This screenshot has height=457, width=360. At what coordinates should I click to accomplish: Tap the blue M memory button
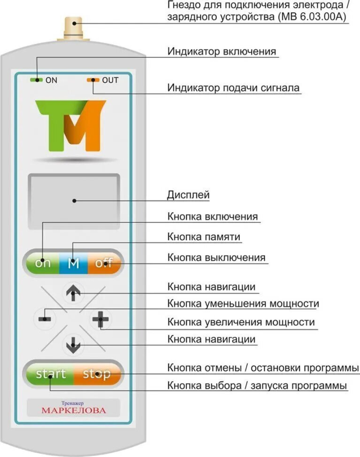tap(73, 263)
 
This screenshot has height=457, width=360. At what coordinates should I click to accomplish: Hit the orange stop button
tap(96, 374)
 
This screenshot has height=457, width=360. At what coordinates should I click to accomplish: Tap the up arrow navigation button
tap(73, 293)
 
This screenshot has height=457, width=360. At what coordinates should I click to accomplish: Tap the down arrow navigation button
tap(73, 345)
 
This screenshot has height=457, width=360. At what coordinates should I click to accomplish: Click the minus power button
tap(45, 319)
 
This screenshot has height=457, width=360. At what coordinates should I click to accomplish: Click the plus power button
tap(100, 319)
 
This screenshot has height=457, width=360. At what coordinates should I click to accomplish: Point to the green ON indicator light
tap(37, 80)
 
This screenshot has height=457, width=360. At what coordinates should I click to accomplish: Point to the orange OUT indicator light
tap(93, 80)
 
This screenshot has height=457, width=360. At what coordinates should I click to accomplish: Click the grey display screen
tap(74, 201)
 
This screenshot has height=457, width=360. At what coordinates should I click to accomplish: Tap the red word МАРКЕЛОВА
tap(74, 411)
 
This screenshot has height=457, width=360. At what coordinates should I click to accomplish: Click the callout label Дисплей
tap(188, 195)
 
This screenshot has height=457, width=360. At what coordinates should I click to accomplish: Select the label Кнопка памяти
tap(204, 237)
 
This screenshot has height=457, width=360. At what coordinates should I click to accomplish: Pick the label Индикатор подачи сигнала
tap(233, 88)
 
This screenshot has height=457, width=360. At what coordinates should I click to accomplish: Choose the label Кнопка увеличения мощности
tap(241, 322)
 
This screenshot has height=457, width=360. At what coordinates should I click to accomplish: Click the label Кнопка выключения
tap(216, 258)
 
